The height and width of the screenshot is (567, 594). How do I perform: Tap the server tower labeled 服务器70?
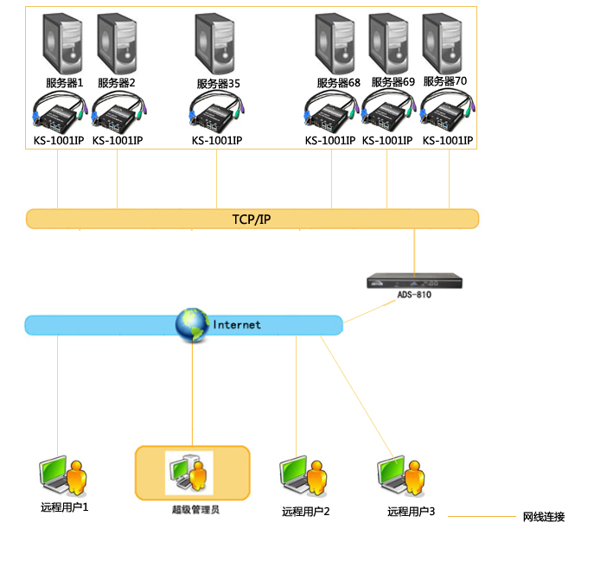pyautogui.click(x=444, y=42)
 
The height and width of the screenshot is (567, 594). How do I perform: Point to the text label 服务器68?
pyautogui.click(x=338, y=83)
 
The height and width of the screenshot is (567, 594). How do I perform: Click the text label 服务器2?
pyautogui.click(x=117, y=83)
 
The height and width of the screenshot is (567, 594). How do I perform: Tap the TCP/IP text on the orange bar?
pyautogui.click(x=252, y=219)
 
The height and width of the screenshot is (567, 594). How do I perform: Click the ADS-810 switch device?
pyautogui.click(x=415, y=281)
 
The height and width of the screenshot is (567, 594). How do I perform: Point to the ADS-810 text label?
pyautogui.click(x=414, y=295)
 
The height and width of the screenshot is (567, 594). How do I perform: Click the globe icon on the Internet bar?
pyautogui.click(x=192, y=325)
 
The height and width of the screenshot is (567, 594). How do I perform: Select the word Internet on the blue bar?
pyautogui.click(x=237, y=325)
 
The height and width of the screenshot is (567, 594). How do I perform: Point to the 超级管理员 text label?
pyautogui.click(x=195, y=510)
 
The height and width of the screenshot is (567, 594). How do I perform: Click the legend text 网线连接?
pyautogui.click(x=544, y=517)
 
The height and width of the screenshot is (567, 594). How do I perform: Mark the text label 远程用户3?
pyautogui.click(x=411, y=512)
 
